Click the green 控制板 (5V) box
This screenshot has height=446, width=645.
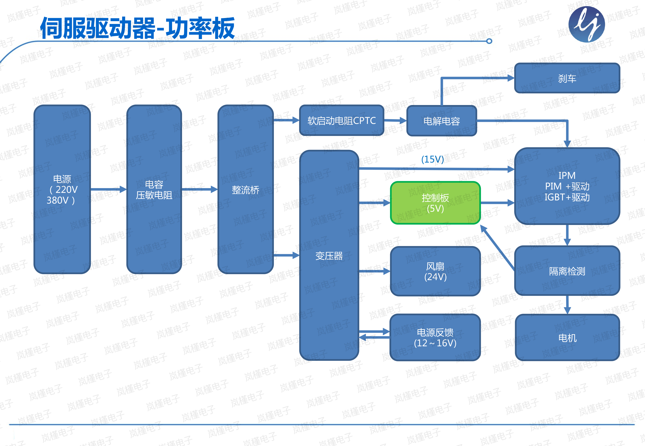point(435,203)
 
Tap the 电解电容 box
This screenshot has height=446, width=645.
point(442,121)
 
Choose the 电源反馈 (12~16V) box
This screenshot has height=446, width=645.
point(435,337)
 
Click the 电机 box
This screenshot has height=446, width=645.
point(567,338)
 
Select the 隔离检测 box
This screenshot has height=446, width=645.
point(567,271)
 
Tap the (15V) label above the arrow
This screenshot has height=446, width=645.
point(432,159)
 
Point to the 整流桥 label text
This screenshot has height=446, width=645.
point(245,190)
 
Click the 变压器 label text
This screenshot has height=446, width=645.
point(329,256)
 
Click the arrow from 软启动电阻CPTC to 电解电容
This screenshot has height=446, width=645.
point(395,121)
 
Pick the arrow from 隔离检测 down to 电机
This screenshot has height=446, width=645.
point(567,305)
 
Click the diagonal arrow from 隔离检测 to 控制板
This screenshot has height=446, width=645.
point(497,248)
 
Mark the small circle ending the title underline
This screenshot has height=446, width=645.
point(489,41)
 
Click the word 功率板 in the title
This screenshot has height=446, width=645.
point(200,28)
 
